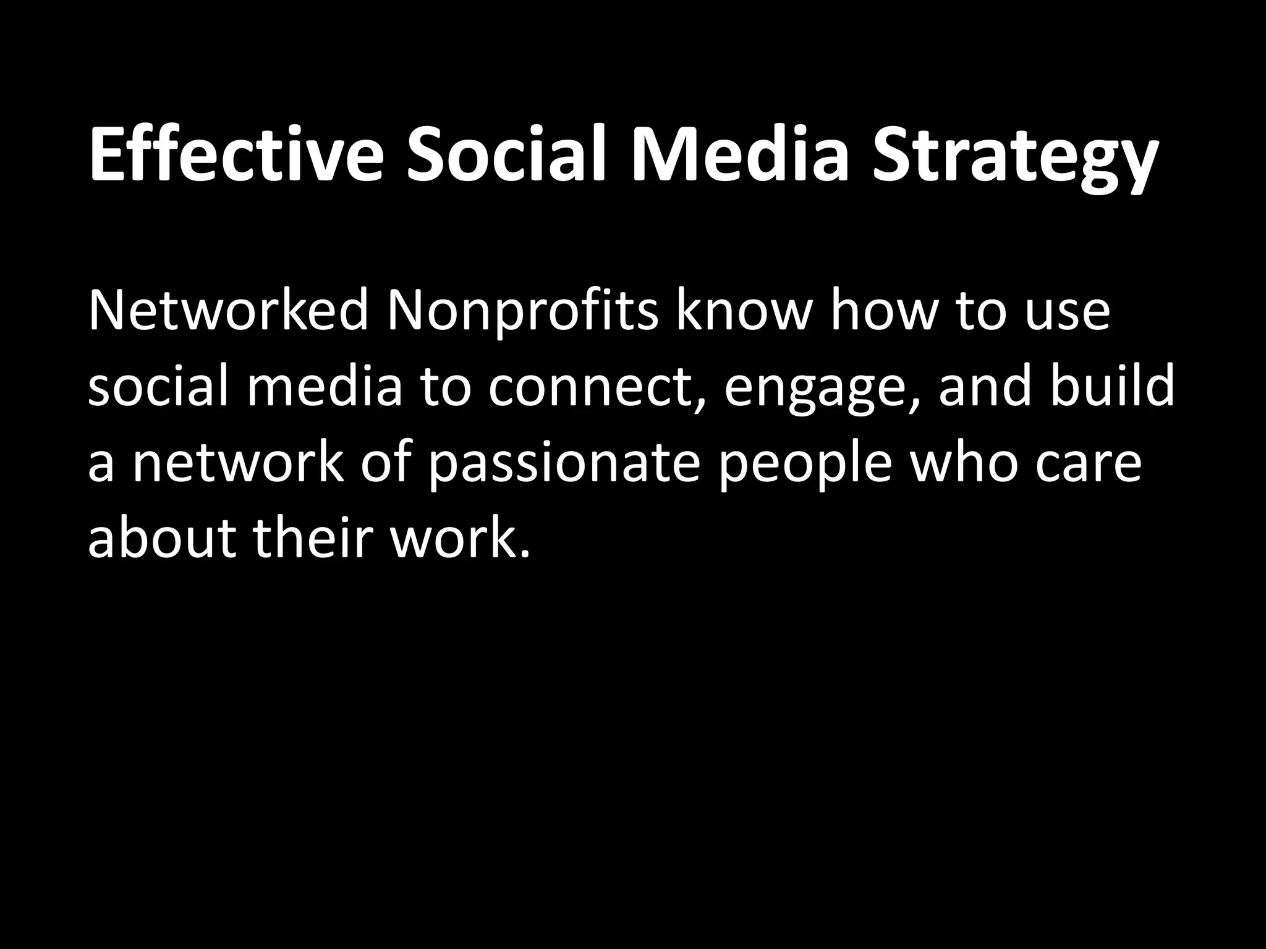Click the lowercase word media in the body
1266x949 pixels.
point(325,386)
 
